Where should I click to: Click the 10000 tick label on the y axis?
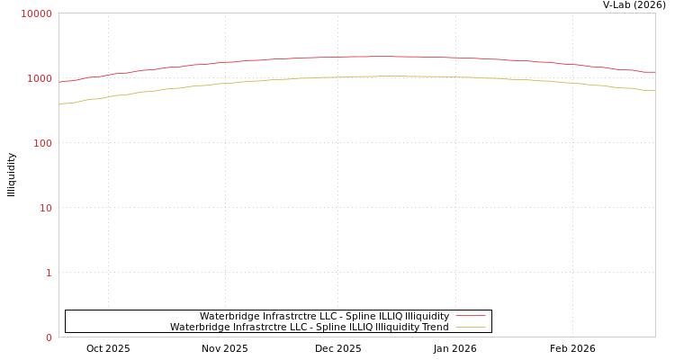(x=36, y=13)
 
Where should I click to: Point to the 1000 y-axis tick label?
(x=39, y=78)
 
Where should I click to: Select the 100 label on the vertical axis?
(x=41, y=143)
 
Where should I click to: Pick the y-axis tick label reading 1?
(x=49, y=273)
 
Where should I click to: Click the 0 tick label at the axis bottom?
(x=49, y=337)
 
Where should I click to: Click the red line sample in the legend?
(x=470, y=316)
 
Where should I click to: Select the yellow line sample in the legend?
(x=470, y=327)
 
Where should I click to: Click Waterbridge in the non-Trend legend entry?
(x=229, y=316)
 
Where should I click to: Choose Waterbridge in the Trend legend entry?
(x=200, y=327)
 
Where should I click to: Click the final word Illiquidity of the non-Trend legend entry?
(x=427, y=316)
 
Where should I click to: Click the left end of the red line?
(x=59, y=82)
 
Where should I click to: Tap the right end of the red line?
(x=654, y=72)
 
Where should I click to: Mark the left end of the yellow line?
(x=59, y=104)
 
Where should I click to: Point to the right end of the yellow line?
(x=654, y=90)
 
